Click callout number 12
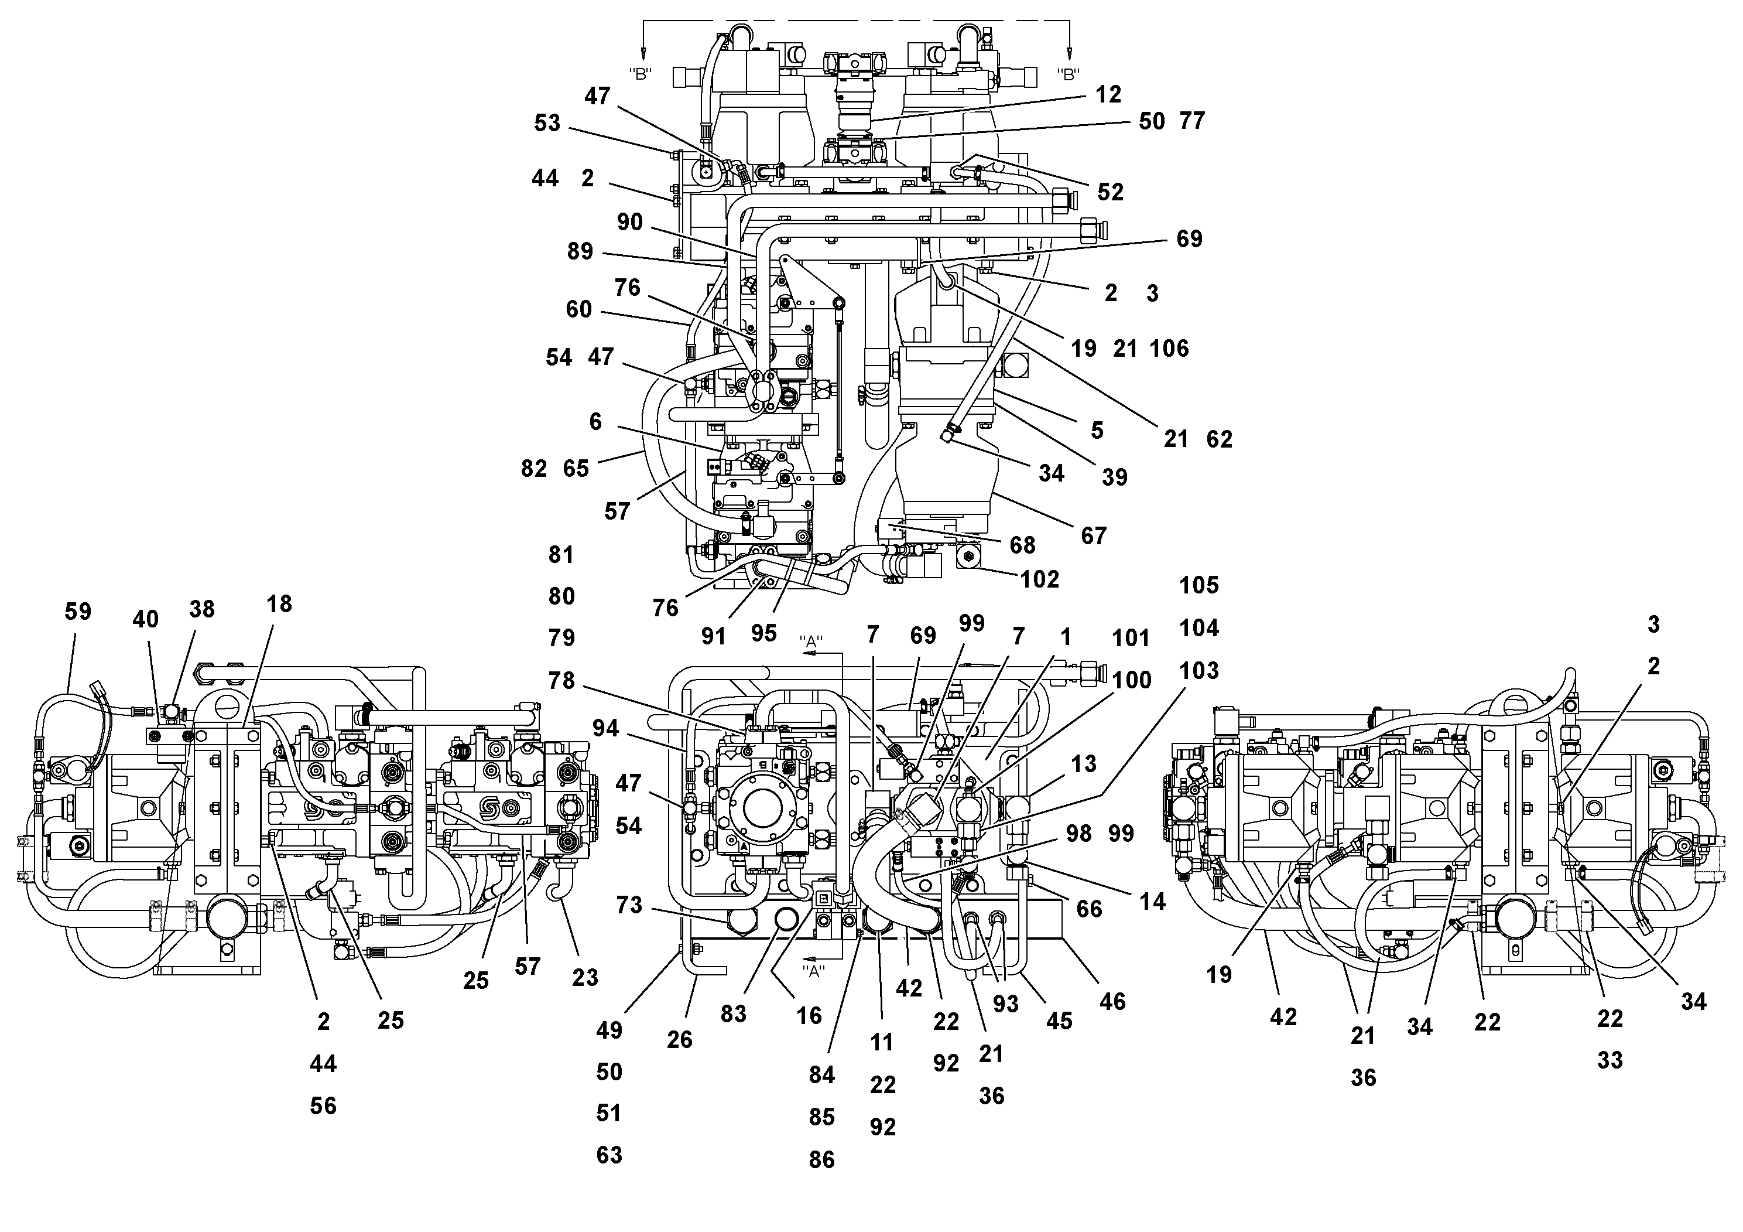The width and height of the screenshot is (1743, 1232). coord(1108,94)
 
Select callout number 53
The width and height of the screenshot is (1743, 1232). coord(547,123)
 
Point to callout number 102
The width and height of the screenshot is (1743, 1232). coord(1039,579)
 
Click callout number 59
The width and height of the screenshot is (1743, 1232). coord(77,612)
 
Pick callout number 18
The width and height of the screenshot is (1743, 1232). coord(279,604)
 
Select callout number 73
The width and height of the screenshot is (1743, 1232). coord(629,905)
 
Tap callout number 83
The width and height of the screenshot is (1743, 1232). coord(734,1014)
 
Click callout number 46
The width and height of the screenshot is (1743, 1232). coord(1112,1002)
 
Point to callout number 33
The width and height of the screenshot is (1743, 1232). coord(1610,1060)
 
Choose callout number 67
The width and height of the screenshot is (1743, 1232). coord(1093,536)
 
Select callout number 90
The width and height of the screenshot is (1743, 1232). coord(629,222)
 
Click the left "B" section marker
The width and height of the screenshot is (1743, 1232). coord(641,74)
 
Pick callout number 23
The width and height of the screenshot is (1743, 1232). coord(584,978)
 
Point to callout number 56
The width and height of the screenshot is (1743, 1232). coord(323,1106)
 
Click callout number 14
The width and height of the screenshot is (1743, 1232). coord(1152,902)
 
